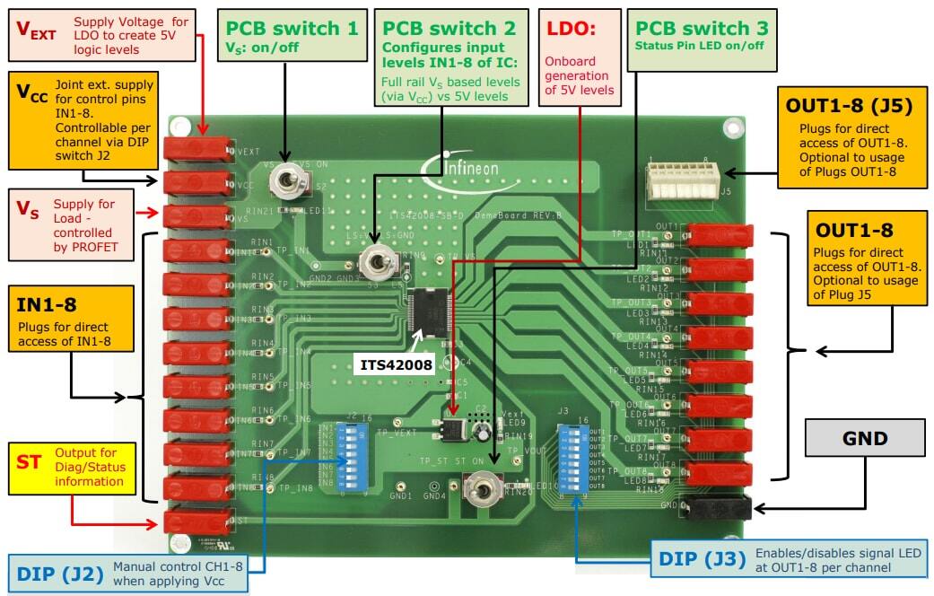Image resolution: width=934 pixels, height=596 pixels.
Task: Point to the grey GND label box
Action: coord(865,440)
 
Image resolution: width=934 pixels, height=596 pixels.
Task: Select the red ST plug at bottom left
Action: coord(199,521)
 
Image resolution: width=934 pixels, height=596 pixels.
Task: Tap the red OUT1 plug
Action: coord(718,235)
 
